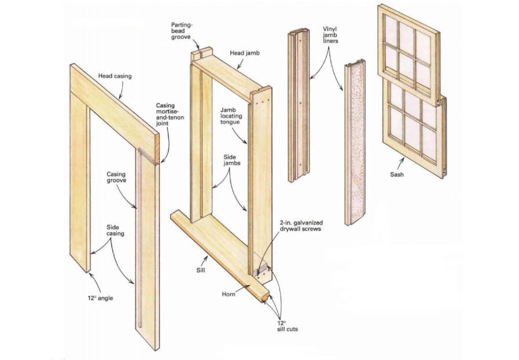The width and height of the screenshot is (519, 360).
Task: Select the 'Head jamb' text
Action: click(244, 53)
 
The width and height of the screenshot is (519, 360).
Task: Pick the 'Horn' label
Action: click(229, 293)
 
